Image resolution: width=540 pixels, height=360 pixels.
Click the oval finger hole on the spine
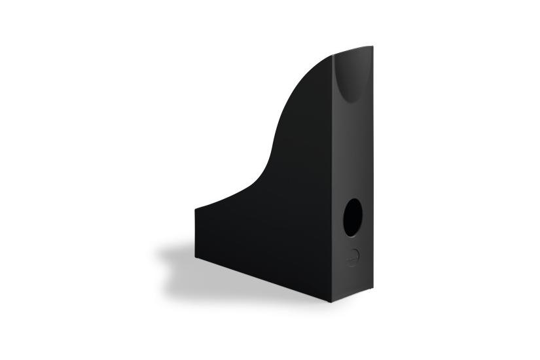click(352, 218)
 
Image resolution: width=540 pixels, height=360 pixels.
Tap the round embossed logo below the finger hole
click(352, 258)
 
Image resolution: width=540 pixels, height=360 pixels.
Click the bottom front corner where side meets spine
click(331, 302)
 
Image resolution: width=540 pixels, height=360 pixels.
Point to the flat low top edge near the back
click(216, 202)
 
